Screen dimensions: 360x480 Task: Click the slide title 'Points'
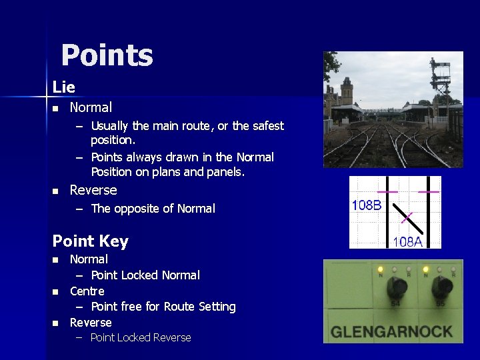[107, 56]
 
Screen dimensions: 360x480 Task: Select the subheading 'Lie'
[64, 87]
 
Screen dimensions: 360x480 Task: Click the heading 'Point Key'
[90, 241]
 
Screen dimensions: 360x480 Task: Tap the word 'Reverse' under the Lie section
[93, 190]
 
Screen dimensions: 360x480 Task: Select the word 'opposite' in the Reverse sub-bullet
[137, 209]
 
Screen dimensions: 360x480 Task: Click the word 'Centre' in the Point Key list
[87, 291]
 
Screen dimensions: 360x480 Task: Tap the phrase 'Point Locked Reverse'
[141, 337]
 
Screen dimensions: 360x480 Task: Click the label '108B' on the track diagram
[367, 205]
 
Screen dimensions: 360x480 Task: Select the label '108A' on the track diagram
[407, 241]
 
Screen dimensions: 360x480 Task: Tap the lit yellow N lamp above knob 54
[380, 270]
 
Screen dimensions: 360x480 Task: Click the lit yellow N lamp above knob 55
[425, 270]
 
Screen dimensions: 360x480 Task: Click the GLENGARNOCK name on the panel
[392, 331]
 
